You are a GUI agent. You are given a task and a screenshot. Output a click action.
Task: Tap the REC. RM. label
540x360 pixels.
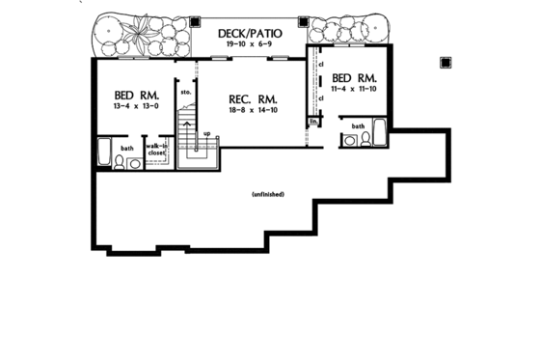(254, 98)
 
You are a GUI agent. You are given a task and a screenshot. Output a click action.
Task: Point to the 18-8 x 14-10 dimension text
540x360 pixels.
(254, 112)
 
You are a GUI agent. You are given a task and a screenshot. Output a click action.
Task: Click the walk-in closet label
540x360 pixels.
(156, 150)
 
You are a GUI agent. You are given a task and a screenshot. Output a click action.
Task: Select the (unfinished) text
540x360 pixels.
(266, 195)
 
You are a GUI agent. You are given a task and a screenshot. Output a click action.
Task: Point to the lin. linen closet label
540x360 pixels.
(313, 122)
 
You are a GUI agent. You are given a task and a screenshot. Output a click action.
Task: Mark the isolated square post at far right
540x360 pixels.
(445, 63)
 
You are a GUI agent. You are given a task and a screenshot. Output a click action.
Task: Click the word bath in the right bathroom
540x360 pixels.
(358, 125)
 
